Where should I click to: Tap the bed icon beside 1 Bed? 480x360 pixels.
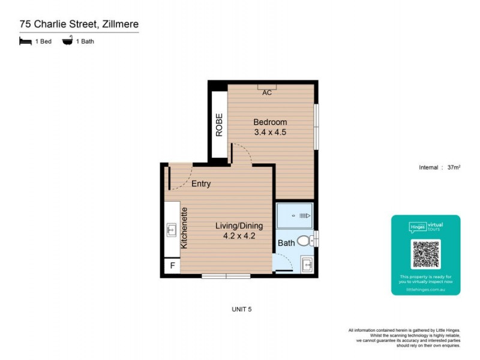point(25,41)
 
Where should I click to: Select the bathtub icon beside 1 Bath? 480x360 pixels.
point(67,41)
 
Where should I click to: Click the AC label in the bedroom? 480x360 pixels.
point(267,92)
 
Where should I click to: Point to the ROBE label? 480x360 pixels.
point(220,125)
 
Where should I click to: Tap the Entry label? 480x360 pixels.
point(201,184)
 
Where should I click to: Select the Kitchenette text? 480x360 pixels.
point(185,228)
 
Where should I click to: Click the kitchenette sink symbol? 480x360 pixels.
point(171,229)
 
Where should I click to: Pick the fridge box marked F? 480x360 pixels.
point(172,266)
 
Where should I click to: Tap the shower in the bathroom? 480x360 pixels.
point(294,215)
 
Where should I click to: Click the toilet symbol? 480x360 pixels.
point(305,241)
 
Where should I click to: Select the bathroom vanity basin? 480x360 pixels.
point(307,264)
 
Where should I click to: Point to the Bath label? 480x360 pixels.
point(286,243)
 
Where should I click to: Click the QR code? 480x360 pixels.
point(426,254)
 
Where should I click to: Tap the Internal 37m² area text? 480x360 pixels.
point(439,167)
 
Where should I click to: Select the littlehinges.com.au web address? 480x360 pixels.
point(426,289)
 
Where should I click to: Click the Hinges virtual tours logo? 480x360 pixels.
point(426,226)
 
